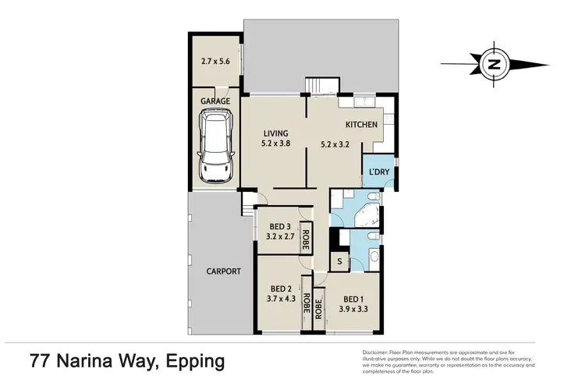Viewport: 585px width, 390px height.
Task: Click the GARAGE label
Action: pos(214,101)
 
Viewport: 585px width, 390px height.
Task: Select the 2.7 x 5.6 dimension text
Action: pos(214,61)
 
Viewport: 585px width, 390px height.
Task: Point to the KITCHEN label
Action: pos(361,124)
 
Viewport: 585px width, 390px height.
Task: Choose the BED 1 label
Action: pos(353,298)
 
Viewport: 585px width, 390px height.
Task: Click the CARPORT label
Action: pos(223,271)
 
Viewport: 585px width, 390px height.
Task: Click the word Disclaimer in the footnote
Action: pos(378,353)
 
